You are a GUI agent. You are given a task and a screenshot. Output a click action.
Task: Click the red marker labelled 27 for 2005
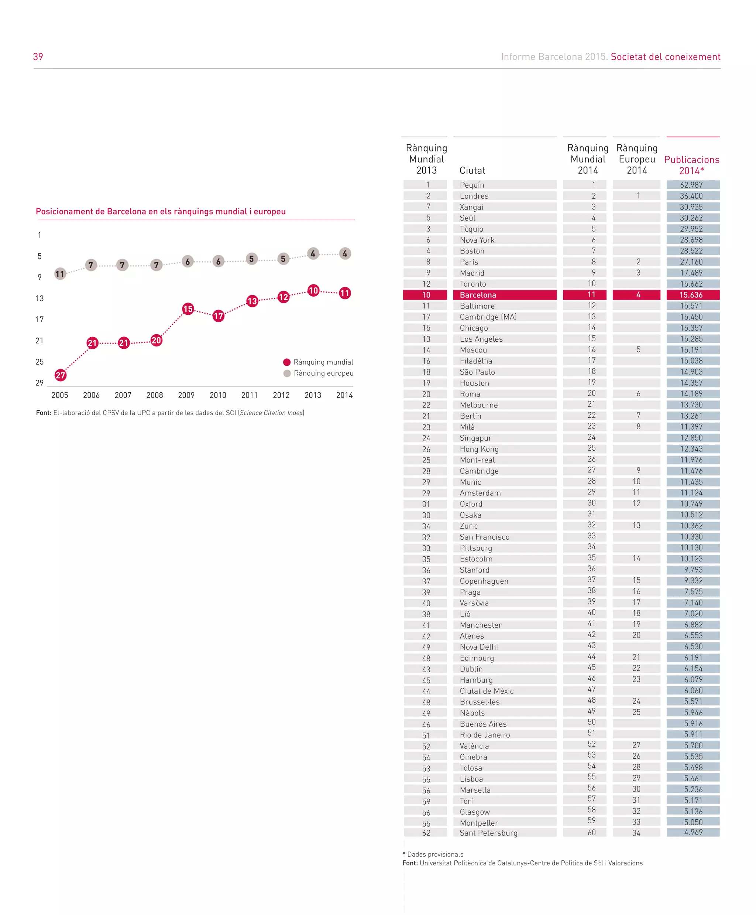(61, 375)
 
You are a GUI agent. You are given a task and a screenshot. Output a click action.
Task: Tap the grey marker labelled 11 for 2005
(60, 274)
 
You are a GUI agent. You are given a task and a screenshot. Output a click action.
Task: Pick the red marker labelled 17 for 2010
(219, 316)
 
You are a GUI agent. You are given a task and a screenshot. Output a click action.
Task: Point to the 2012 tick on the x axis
(281, 395)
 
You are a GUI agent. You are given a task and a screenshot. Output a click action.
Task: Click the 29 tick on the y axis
(39, 383)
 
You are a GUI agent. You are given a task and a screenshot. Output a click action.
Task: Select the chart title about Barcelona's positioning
(161, 212)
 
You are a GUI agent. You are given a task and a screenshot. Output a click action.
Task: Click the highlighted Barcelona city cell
(504, 295)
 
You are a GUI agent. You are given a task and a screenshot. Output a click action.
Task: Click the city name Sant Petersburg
(489, 833)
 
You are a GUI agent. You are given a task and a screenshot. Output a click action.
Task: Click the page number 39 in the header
(38, 57)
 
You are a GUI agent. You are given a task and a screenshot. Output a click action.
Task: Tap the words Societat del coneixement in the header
(666, 57)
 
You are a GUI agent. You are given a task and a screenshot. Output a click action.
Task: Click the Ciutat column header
(472, 170)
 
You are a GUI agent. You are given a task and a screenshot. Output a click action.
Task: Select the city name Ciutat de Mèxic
(487, 691)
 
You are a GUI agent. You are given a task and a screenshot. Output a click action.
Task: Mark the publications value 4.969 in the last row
(693, 833)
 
